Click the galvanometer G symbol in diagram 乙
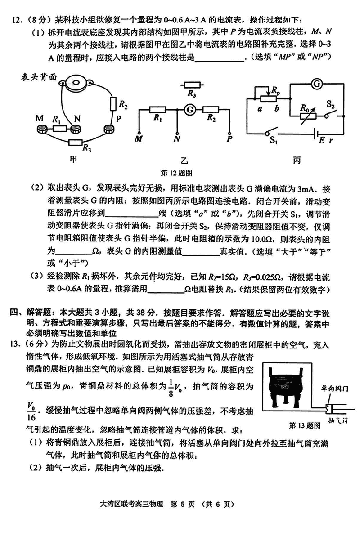coord(190,109)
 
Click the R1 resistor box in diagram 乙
coord(157,109)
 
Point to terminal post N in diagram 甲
coord(75,130)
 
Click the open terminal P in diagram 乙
coord(230,133)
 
